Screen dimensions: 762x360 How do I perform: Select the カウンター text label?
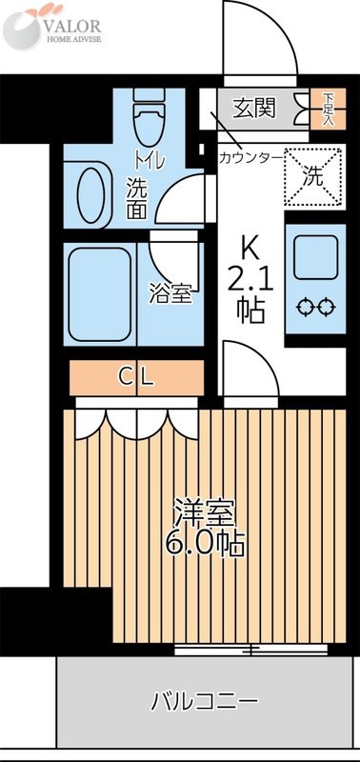[x=250, y=156]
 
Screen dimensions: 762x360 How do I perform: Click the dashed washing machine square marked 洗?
[x=313, y=175]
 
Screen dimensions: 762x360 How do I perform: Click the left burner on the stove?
[x=304, y=307]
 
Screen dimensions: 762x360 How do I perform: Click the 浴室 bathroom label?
[x=171, y=292]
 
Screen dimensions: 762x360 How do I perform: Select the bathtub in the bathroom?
[x=98, y=293]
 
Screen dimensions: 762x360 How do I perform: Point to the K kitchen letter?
[x=249, y=248]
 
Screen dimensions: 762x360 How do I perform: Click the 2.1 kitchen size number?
[x=250, y=280]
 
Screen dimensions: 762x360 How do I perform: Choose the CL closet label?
[x=136, y=376]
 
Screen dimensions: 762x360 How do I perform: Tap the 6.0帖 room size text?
[x=206, y=544]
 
